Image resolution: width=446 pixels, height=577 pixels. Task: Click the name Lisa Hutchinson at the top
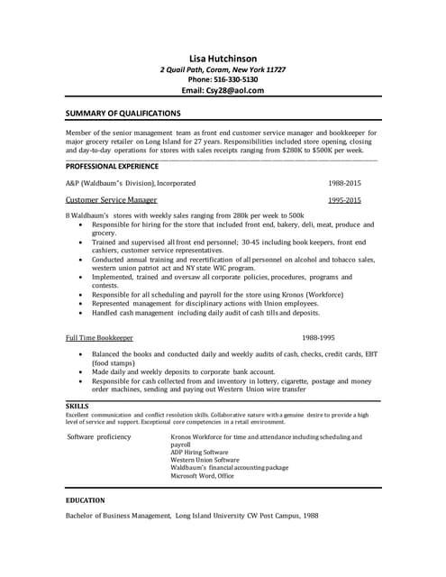[223, 58]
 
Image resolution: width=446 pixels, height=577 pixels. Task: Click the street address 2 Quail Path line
[223, 69]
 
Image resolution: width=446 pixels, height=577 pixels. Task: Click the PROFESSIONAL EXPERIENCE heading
[112, 167]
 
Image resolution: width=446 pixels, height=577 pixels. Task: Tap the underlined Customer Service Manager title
[112, 200]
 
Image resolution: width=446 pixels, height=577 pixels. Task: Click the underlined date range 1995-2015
[344, 200]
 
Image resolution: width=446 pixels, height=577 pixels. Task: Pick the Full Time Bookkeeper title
[99, 337]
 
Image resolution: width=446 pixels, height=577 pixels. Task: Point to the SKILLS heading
[77, 406]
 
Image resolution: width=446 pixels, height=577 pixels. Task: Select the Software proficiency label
[99, 437]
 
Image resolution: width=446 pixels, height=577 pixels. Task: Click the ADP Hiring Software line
[199, 452]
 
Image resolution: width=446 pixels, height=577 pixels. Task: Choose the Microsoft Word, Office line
[202, 476]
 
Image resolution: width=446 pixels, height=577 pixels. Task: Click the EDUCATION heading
[86, 499]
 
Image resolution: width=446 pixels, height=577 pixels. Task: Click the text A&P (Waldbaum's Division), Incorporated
[130, 183]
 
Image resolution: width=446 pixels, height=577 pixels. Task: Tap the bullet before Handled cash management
[81, 313]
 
